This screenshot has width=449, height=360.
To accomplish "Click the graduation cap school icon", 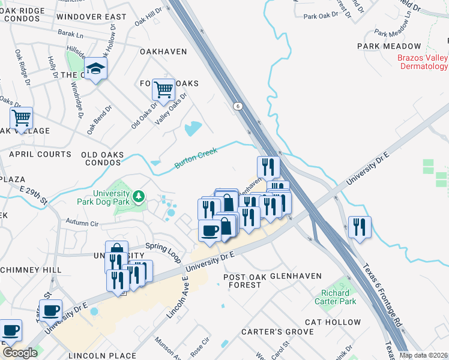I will click(95, 70).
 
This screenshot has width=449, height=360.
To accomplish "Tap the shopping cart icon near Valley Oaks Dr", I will click(163, 91).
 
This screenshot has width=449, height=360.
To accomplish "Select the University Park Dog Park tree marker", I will click(139, 196).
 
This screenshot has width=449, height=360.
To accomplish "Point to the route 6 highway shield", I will click(238, 106).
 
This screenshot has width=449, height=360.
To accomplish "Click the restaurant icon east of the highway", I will click(360, 227).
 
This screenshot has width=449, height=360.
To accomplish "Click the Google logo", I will click(20, 353).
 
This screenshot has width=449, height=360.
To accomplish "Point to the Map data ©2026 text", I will click(423, 355).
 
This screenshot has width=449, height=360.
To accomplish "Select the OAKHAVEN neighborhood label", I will click(163, 52).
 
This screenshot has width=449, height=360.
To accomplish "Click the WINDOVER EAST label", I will click(92, 17).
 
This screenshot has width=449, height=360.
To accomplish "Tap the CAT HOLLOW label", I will click(333, 322).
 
